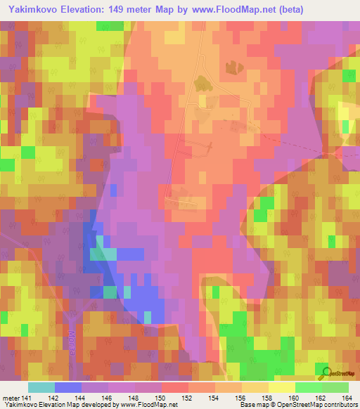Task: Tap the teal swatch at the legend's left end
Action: (41, 387)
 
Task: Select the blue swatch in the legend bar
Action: (67, 387)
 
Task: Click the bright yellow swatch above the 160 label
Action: (282, 387)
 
